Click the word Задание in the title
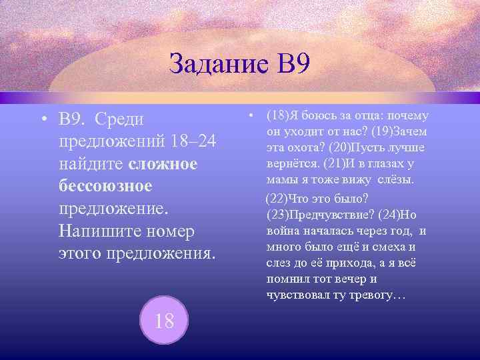(x=215, y=65)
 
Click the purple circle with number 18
(x=164, y=320)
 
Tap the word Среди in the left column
(x=125, y=119)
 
